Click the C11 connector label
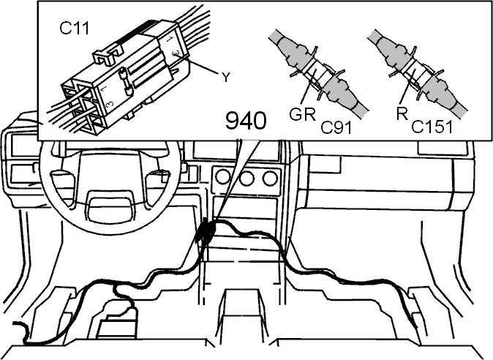(x=75, y=29)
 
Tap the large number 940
(x=246, y=121)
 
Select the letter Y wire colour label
(x=225, y=77)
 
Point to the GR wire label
(x=303, y=114)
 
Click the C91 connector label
(x=336, y=127)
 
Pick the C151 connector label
(x=432, y=127)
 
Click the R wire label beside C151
(x=402, y=113)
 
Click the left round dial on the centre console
(x=223, y=178)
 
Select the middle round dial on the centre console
(x=246, y=179)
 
